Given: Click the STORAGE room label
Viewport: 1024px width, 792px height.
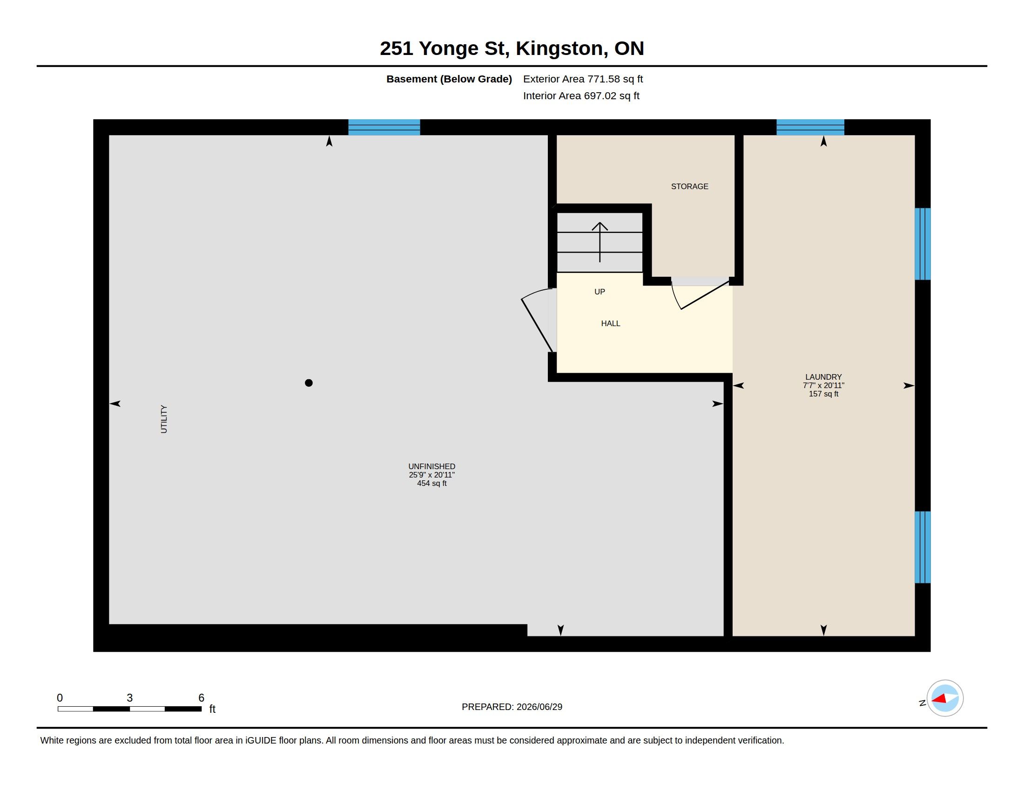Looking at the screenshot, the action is (689, 186).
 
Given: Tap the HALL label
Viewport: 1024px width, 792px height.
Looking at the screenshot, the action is (611, 323).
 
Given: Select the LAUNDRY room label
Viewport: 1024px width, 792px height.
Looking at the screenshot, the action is (823, 377).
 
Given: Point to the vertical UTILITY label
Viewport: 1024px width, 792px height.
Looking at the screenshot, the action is (164, 419).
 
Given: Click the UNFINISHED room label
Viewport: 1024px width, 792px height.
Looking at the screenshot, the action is (431, 466).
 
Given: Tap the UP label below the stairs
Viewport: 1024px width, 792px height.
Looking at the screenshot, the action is (600, 292).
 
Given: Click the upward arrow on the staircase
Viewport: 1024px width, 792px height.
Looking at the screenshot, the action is (600, 242).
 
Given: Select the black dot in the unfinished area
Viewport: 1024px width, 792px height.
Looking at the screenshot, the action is (309, 383).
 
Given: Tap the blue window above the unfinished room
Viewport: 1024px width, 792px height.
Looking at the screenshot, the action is (384, 127).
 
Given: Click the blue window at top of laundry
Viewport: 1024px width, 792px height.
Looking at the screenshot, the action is (810, 127).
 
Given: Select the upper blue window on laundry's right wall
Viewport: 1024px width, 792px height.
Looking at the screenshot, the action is (923, 244).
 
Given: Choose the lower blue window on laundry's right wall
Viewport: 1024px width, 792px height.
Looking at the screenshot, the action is (923, 547).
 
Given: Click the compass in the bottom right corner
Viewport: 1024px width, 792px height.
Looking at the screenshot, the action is (945, 698).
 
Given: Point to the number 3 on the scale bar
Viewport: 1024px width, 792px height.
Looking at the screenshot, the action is (130, 698).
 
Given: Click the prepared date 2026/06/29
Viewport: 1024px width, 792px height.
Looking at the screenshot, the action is (539, 707).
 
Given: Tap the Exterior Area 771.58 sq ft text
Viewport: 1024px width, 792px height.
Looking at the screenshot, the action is (583, 79).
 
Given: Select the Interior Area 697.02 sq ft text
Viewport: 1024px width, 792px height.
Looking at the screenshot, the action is (581, 96).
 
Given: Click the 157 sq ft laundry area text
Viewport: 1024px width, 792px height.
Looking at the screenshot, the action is (823, 394).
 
